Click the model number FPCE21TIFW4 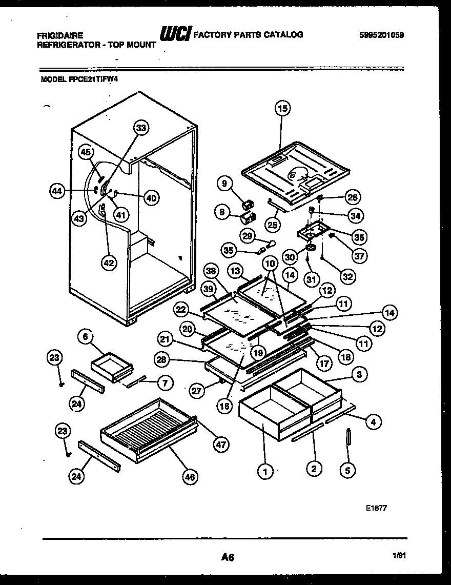93,79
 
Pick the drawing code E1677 376,507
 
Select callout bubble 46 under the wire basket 190,477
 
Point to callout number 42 109,263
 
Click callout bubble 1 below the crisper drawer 265,470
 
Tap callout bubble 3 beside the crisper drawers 359,375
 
